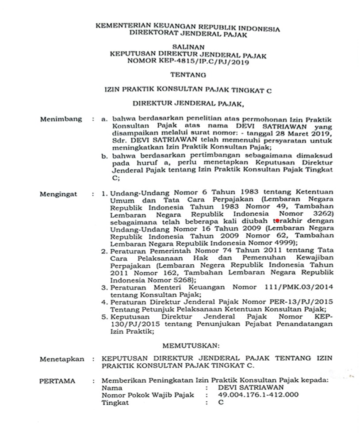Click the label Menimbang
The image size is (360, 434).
coord(61,119)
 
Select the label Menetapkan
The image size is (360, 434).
coord(62,359)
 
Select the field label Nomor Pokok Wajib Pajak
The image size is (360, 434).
coord(148,395)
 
